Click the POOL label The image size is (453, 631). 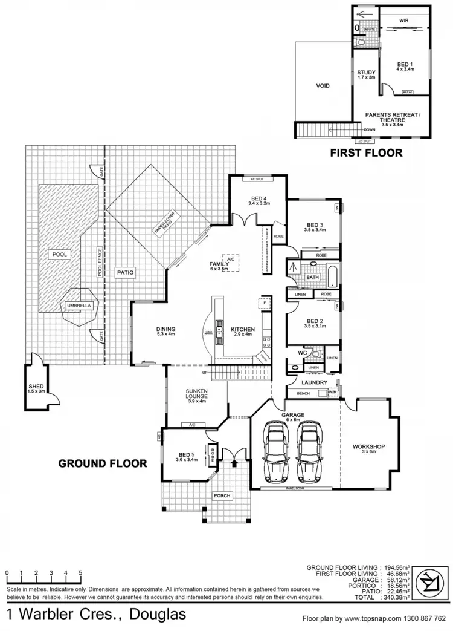59,254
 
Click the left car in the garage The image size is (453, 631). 277,451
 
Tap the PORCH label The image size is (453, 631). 222,496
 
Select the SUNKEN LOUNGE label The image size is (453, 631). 197,396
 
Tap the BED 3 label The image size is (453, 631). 315,227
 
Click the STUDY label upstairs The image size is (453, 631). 366,74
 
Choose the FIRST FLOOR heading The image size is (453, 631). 366,153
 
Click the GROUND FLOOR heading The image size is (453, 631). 102,463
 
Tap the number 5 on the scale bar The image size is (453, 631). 81,572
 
